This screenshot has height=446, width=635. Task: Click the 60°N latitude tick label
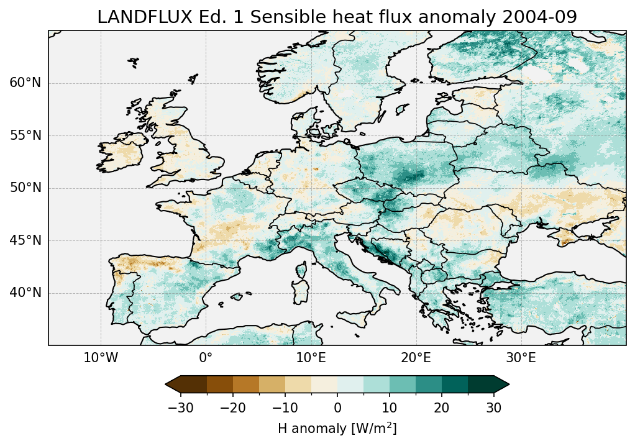pyautogui.click(x=25, y=84)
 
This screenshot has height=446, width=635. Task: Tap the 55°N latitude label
pyautogui.click(x=25, y=136)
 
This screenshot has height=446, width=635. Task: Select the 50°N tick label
pyautogui.click(x=25, y=188)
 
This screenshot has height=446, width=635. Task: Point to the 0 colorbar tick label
pyautogui.click(x=337, y=407)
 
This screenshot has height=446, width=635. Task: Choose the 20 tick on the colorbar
pyautogui.click(x=442, y=407)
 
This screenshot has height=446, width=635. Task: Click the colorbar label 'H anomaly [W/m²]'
pyautogui.click(x=337, y=428)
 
